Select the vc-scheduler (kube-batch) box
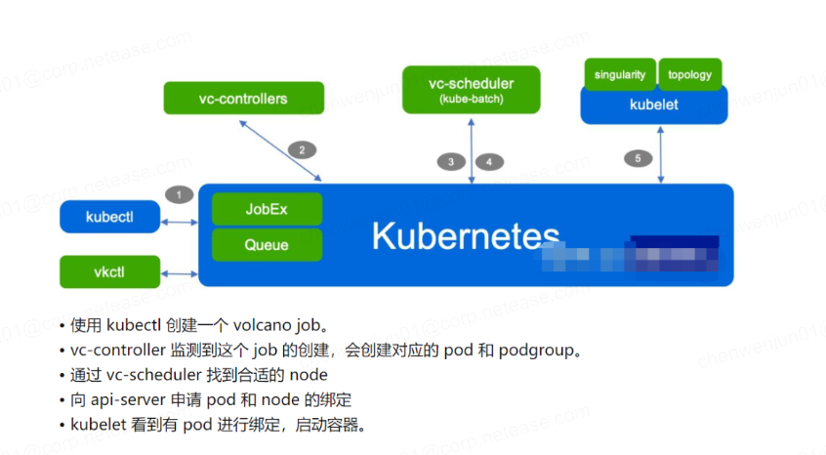(472, 90)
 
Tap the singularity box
(619, 74)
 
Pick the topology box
(690, 74)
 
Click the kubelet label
(653, 103)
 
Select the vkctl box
(109, 271)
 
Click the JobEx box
(267, 209)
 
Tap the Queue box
(267, 245)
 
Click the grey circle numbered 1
(179, 194)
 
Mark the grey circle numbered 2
(302, 150)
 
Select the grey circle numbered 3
(450, 162)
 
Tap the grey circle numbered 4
(489, 162)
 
